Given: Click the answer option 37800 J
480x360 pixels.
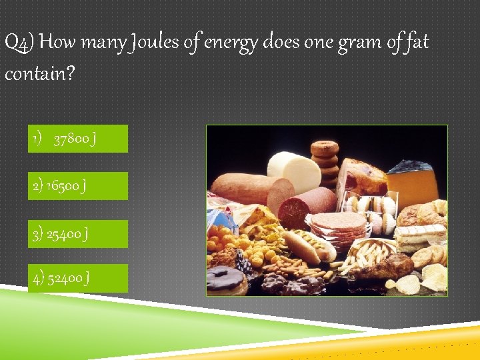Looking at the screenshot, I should (x=77, y=139).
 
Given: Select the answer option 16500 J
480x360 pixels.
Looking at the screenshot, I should (x=77, y=186).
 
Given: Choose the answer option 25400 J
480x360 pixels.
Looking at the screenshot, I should (x=77, y=234).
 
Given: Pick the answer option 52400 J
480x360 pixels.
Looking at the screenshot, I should (x=77, y=278).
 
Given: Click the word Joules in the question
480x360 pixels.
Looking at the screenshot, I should (x=161, y=43).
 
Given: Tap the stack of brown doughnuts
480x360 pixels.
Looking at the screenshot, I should (x=326, y=160).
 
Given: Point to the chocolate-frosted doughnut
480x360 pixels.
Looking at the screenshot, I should (x=225, y=279).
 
